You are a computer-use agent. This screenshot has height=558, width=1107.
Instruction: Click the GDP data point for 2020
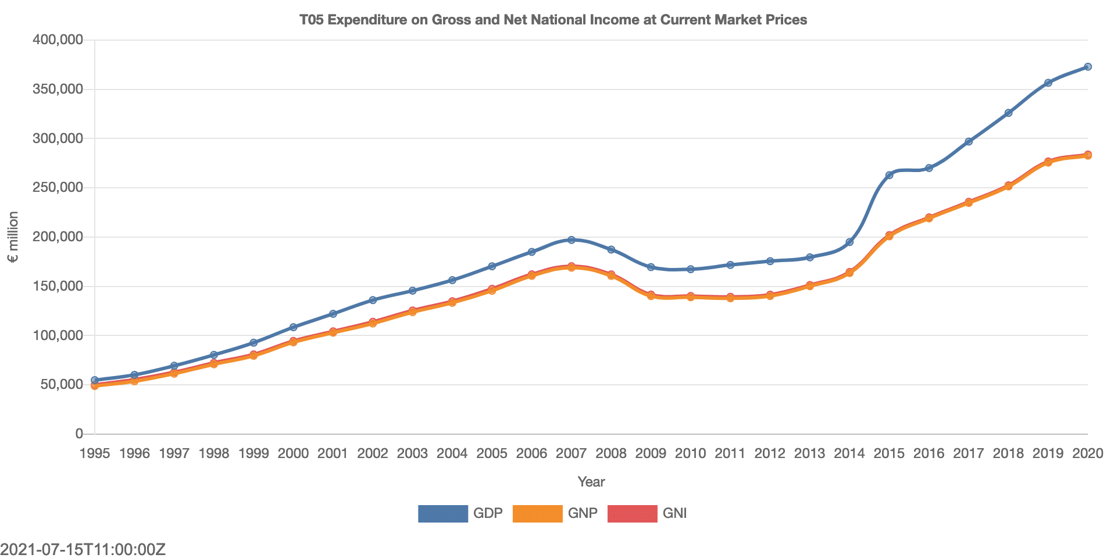[1087, 67]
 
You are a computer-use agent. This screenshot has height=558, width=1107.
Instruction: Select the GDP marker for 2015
[889, 175]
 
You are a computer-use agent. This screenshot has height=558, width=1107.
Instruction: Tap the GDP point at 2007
[571, 240]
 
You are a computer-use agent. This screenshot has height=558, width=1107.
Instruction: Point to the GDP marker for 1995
[95, 380]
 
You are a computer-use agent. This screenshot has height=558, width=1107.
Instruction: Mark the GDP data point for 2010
[690, 269]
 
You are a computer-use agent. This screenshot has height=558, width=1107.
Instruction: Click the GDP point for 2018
[1008, 113]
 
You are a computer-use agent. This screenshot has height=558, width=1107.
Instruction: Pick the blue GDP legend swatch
[442, 514]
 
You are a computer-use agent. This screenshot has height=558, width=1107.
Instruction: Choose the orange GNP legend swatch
[537, 514]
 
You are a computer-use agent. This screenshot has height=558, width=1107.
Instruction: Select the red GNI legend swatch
[632, 514]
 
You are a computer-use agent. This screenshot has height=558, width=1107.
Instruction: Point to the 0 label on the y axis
[79, 434]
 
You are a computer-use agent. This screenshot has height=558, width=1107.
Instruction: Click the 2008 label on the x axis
[611, 453]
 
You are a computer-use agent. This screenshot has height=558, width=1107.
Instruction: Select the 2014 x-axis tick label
[849, 453]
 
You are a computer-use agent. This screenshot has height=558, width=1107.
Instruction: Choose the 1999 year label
[253, 453]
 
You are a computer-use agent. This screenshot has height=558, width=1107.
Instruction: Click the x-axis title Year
[591, 482]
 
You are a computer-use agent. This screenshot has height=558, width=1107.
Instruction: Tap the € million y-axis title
[13, 237]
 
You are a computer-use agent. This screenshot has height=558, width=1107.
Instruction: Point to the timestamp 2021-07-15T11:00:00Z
[83, 549]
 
